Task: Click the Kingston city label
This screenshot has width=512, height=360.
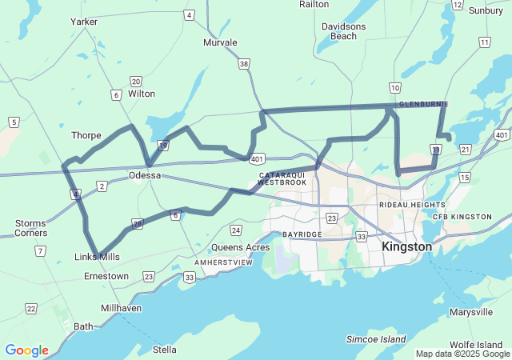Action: coord(407,246)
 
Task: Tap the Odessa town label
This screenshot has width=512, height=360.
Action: coord(145,175)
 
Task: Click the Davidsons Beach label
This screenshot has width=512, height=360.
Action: coord(344,31)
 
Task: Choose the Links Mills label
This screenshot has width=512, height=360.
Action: coord(97,256)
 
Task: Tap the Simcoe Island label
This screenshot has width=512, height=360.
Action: coord(376,340)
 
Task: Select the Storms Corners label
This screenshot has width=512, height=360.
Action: coord(31,228)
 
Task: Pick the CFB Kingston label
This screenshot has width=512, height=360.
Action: coord(462,217)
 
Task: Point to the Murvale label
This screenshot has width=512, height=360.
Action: coord(220,42)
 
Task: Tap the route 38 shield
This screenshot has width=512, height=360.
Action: coord(243,63)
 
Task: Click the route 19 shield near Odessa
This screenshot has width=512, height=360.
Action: coord(162,145)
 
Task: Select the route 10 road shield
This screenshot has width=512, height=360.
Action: coord(395,86)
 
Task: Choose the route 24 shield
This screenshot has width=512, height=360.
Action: coord(235,230)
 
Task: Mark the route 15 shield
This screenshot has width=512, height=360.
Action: coord(465,177)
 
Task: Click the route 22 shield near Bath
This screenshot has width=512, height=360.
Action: coord(30,308)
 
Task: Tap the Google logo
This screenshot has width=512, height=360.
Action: coord(26,350)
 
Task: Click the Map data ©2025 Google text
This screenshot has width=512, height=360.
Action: coord(462,354)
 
